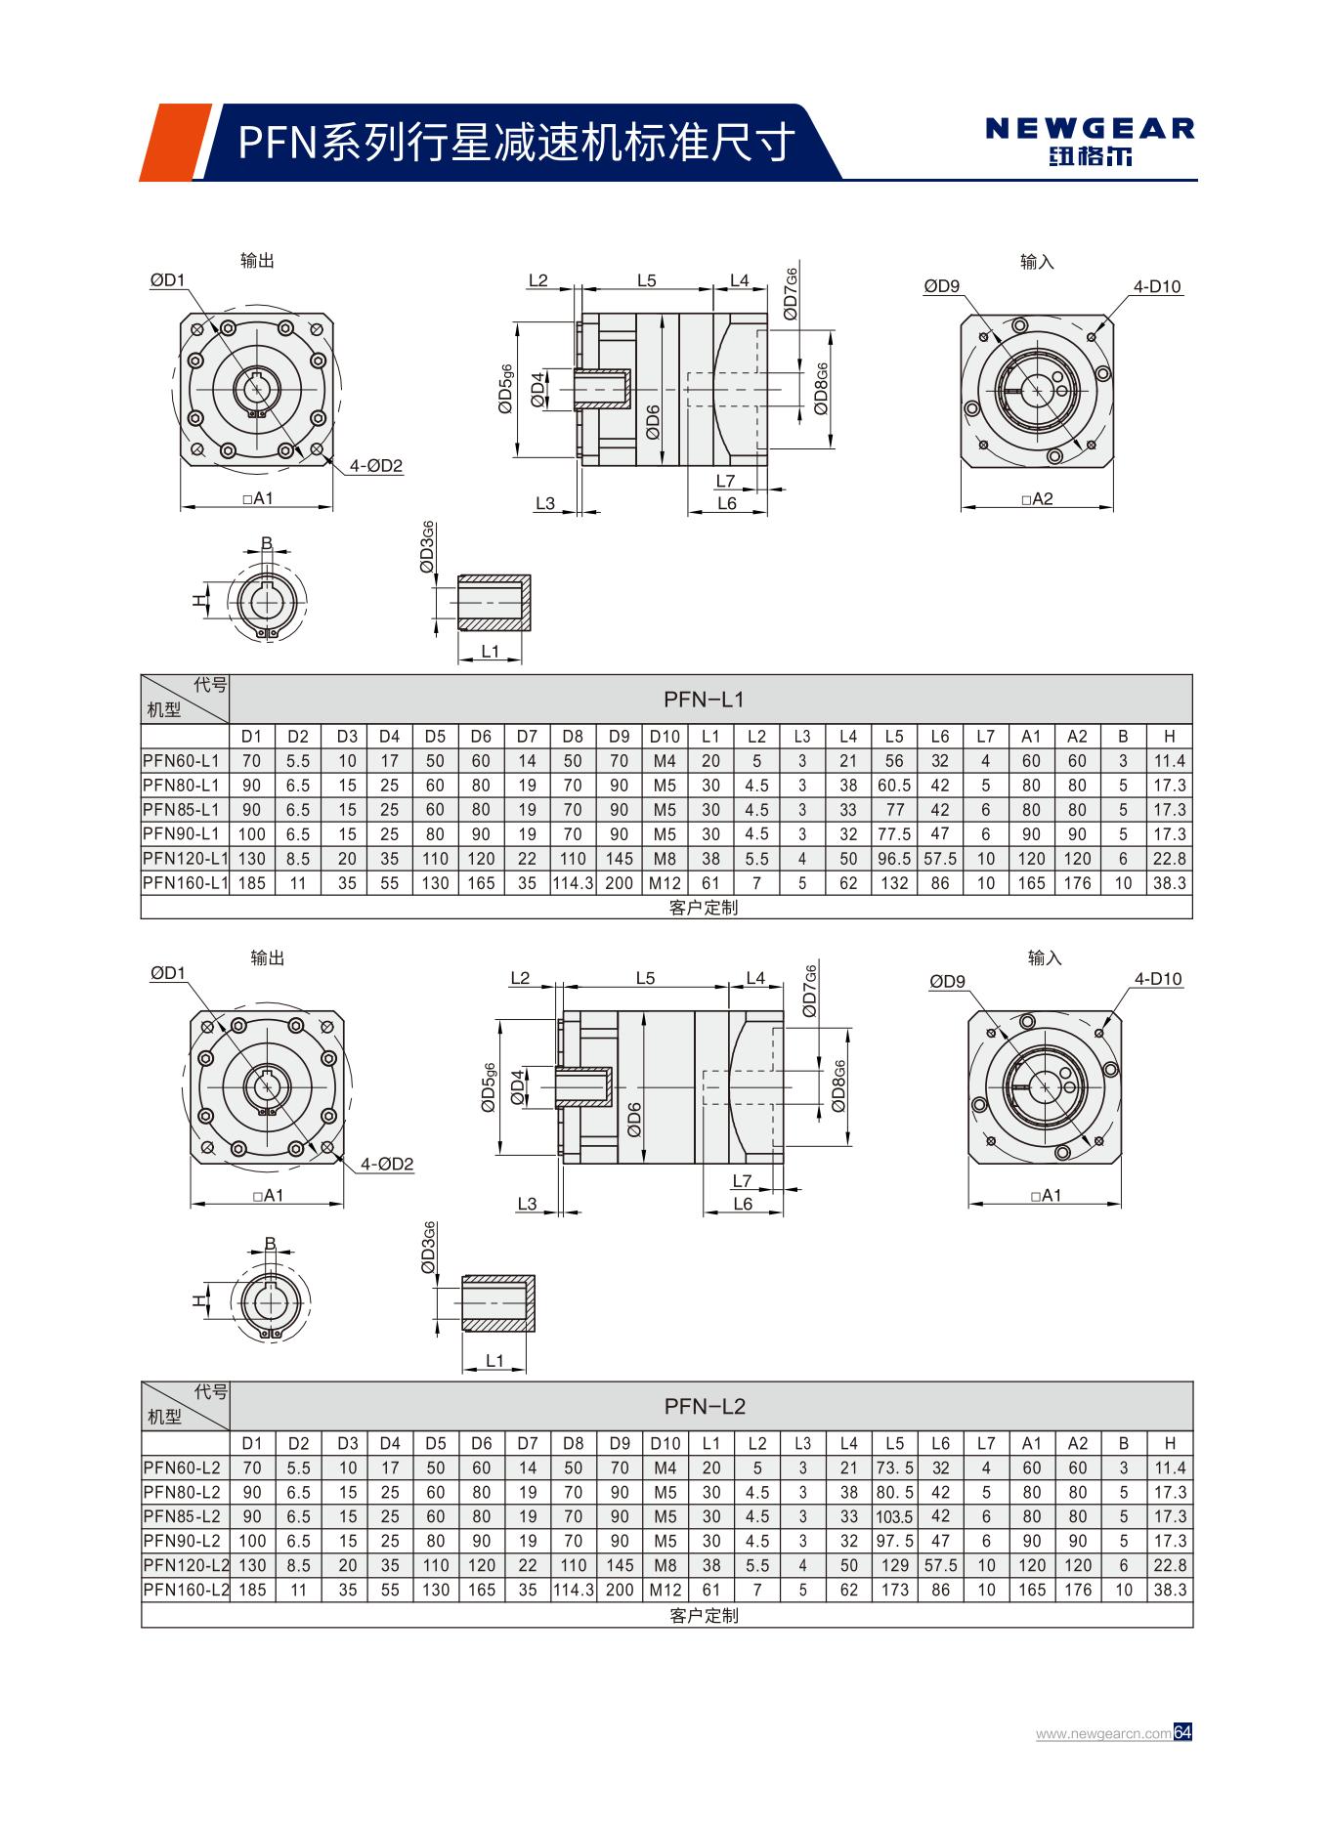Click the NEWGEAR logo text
click(1090, 129)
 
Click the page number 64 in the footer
click(1182, 1733)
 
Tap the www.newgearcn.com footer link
click(1102, 1734)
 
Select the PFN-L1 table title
click(704, 700)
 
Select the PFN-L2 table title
click(705, 1407)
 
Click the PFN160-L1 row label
click(185, 883)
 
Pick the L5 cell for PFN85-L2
click(894, 1517)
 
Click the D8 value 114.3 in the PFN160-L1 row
click(573, 883)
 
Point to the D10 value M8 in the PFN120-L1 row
click(665, 859)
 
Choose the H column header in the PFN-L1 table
click(1169, 737)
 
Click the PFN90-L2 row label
click(182, 1541)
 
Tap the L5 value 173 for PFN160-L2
click(894, 1590)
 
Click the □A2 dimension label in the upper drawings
click(1037, 499)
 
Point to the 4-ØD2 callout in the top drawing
click(377, 466)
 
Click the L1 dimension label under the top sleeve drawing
click(491, 652)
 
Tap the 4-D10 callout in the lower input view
click(1158, 979)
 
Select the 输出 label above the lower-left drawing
click(267, 958)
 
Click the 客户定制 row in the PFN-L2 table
click(704, 1616)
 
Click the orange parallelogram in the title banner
click(176, 143)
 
